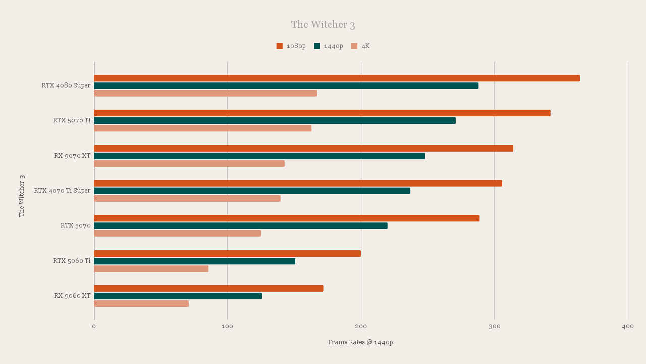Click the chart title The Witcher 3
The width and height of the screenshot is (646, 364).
pos(323,25)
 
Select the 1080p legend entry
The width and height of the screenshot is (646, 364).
pos(291,46)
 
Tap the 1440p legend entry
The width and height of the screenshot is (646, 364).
pos(329,46)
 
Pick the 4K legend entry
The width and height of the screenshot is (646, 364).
pos(361,46)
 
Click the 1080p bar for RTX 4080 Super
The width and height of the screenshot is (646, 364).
pos(337,78)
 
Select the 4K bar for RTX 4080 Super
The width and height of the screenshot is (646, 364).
pos(205,93)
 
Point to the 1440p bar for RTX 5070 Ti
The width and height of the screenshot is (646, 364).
pos(275,121)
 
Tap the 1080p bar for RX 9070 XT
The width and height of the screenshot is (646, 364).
pos(303,148)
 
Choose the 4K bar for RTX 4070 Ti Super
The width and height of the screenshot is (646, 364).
pos(187,199)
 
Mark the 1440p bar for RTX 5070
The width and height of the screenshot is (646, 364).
pos(241,226)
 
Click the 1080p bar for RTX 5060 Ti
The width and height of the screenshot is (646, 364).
pos(227,253)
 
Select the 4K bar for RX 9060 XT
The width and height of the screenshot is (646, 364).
pos(141,303)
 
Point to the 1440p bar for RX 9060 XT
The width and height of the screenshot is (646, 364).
pos(178,296)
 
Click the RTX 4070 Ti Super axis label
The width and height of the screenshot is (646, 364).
pos(62,191)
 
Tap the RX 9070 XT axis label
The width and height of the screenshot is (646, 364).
pos(72,156)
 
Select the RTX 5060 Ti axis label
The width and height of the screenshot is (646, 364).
pos(72,261)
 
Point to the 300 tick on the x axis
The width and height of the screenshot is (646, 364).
pos(494,327)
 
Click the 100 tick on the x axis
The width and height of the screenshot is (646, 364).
pos(227,327)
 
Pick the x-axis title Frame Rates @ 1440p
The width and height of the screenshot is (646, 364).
pos(360,342)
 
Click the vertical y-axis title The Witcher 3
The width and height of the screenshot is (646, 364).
pos(22,196)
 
